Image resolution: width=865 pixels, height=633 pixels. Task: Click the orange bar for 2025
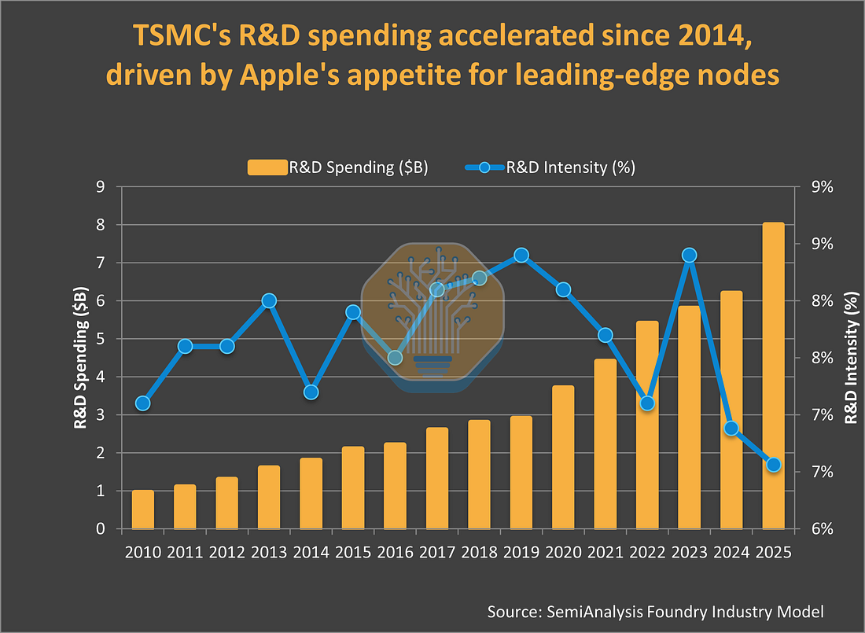774,376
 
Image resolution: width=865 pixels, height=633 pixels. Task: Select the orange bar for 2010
143,510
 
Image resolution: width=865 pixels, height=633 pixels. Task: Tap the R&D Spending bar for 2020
563,457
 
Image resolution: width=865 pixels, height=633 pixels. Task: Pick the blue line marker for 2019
521,255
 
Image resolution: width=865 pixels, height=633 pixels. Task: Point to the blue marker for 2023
690,255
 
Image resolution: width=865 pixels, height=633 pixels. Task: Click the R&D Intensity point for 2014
311,392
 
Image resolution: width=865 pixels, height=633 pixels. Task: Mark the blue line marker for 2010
142,403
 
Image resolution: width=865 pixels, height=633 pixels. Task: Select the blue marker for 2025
773,465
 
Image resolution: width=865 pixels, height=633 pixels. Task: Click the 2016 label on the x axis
395,551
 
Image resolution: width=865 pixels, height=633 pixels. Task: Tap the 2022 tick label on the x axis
647,551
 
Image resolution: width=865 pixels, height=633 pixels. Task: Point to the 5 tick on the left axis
101,339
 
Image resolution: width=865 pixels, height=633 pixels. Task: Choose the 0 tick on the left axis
101,529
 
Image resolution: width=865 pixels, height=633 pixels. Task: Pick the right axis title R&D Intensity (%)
851,357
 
